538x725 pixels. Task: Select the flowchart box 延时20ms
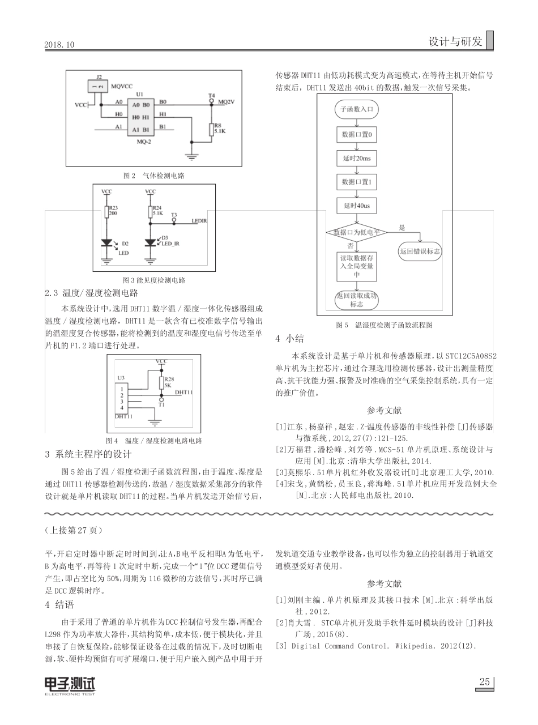coord(356,159)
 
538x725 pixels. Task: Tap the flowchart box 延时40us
coord(356,206)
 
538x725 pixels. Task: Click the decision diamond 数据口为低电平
coord(356,232)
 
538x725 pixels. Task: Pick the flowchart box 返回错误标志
coord(420,250)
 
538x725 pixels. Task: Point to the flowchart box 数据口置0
coord(356,135)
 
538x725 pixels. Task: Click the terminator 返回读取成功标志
coord(356,300)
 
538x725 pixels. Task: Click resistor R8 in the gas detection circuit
coord(211,129)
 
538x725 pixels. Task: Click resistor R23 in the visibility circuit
coord(106,212)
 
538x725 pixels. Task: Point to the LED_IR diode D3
coord(150,243)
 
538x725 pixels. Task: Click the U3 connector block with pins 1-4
coord(122,399)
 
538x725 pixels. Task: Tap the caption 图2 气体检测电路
coord(154,176)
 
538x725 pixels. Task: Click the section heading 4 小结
coord(290,339)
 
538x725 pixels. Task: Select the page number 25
coord(484,682)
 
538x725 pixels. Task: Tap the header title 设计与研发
coord(455,41)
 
